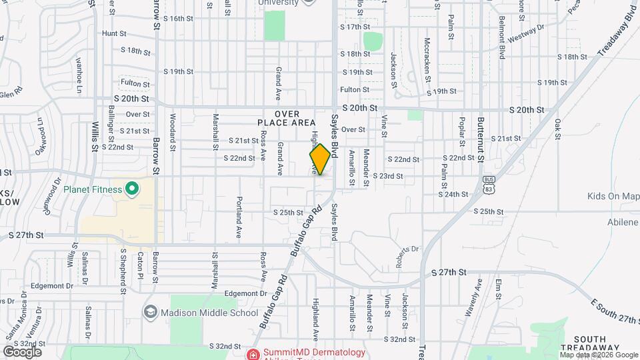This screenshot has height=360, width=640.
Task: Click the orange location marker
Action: (x=320, y=159)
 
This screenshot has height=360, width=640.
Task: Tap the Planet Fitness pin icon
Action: (x=131, y=189)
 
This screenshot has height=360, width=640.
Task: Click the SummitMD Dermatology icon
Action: (x=253, y=353)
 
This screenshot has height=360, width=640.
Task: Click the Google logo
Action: (x=22, y=351)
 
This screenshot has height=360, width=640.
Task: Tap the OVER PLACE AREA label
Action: (x=286, y=119)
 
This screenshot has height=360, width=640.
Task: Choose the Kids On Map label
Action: (x=613, y=196)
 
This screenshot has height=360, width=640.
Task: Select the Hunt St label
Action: (x=114, y=33)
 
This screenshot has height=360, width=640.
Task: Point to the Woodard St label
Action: (x=172, y=129)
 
